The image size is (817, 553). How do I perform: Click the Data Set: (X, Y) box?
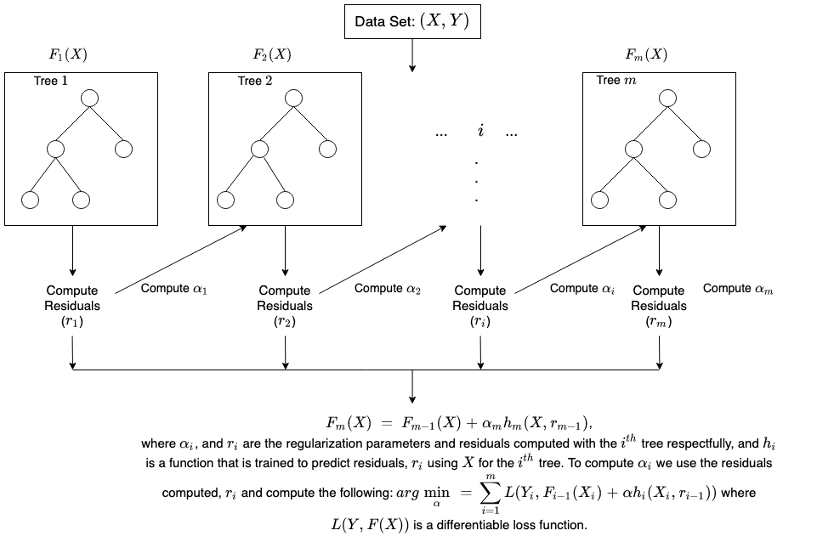(411, 22)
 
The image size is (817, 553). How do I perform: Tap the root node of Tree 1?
(90, 98)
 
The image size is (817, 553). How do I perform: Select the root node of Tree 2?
(294, 98)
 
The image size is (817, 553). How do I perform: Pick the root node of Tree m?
(668, 98)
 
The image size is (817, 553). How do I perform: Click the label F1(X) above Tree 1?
(68, 56)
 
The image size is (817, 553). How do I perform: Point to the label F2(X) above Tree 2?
(272, 56)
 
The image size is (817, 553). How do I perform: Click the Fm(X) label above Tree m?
(646, 56)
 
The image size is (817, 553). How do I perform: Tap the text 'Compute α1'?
(174, 289)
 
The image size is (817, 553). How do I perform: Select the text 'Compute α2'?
(388, 289)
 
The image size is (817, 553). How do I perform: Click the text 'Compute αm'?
(738, 289)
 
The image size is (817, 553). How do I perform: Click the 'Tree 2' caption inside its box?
(255, 82)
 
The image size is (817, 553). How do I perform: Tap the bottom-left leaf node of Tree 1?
(31, 200)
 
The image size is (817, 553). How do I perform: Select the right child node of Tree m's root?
(701, 150)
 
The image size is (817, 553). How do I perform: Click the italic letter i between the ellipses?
(481, 133)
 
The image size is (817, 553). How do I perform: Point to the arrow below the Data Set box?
(411, 54)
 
